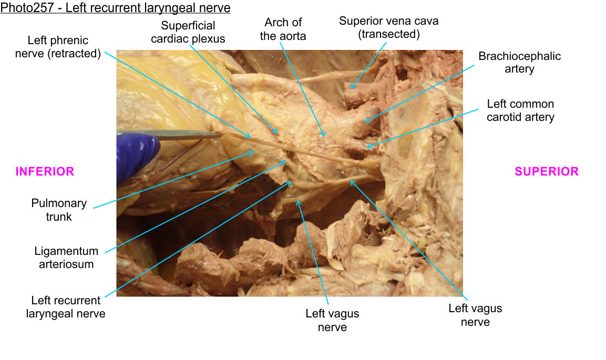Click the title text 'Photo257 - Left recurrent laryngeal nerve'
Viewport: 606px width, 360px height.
(116, 8)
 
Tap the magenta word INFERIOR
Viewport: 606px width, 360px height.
(45, 171)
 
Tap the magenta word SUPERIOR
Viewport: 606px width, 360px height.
(546, 171)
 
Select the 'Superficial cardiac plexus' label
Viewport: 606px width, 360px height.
(188, 32)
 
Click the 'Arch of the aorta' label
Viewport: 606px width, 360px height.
(283, 29)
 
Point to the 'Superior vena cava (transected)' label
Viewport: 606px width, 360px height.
(388, 28)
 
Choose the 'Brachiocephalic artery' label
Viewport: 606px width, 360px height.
(519, 62)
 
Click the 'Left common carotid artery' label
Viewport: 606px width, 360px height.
(520, 110)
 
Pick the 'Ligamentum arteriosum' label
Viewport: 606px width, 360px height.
(66, 258)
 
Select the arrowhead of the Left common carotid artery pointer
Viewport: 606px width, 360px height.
(366, 147)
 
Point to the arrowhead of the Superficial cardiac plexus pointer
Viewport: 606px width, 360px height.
(276, 131)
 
